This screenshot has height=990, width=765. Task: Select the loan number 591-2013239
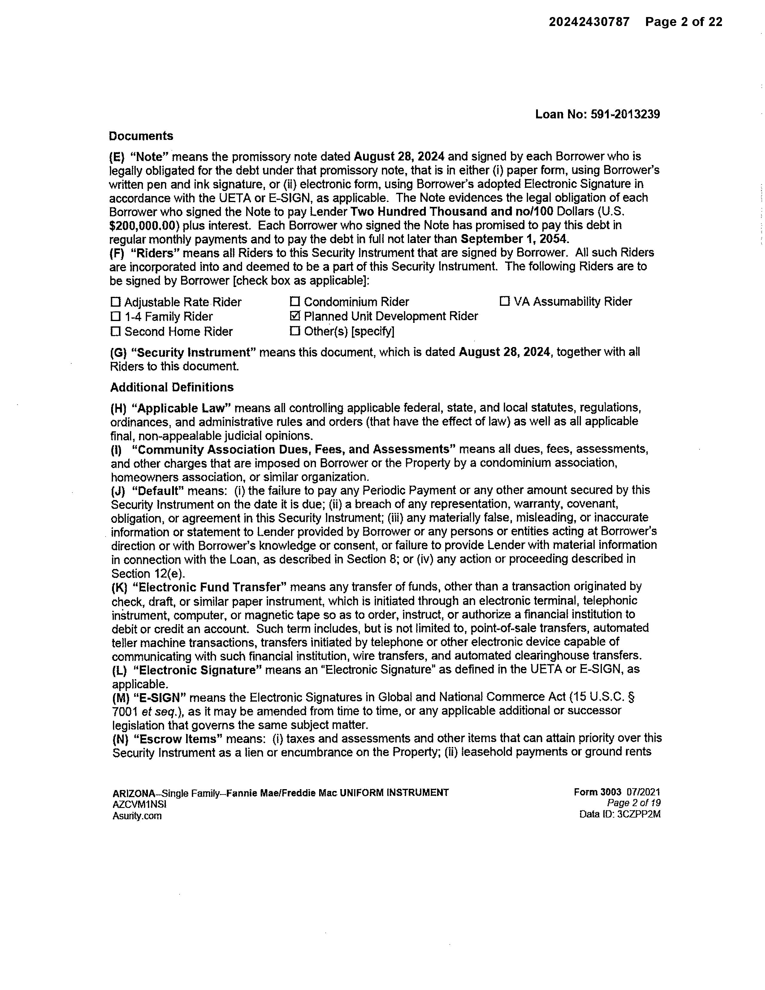click(x=625, y=114)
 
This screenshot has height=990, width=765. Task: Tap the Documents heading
click(x=141, y=136)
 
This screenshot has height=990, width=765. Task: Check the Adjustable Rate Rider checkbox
click(x=116, y=302)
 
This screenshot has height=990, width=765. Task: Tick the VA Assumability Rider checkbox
click(x=504, y=301)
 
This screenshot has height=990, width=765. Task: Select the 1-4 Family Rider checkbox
click(x=116, y=317)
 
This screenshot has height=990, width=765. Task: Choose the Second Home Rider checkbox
click(x=116, y=331)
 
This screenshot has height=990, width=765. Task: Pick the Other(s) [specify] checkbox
click(x=295, y=331)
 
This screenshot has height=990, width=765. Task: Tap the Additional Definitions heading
click(x=172, y=387)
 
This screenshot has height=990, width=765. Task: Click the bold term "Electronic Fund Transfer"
click(x=210, y=587)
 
